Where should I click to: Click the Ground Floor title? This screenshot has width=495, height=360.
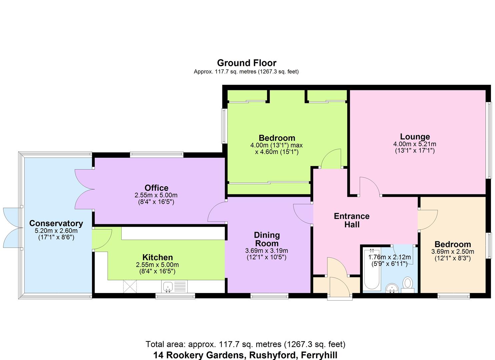(247, 63)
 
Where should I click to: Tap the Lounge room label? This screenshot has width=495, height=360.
(415, 137)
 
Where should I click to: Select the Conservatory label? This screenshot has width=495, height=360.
(56, 223)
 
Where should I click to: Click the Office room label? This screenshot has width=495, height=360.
(156, 188)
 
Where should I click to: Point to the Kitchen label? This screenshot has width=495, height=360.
(158, 257)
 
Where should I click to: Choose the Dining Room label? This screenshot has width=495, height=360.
(267, 239)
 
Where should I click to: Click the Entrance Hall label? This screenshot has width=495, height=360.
(352, 220)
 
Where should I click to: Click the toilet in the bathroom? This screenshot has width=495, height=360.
(407, 284)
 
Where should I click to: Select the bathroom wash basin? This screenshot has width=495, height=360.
(391, 288)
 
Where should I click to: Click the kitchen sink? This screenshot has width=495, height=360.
(168, 286)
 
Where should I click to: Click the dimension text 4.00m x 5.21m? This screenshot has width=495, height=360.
(415, 144)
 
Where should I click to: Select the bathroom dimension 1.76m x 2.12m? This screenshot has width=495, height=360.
(389, 257)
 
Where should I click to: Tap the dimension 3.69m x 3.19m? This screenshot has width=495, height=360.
(267, 251)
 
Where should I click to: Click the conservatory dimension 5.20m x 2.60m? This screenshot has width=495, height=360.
(56, 231)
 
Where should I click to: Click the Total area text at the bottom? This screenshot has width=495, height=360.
(245, 344)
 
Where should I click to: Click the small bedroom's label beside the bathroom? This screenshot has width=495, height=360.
(452, 244)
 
